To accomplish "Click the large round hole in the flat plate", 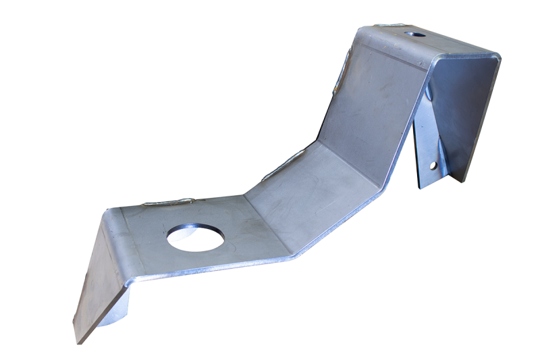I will tap(194, 237).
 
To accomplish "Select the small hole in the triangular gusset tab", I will tap(433, 164).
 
